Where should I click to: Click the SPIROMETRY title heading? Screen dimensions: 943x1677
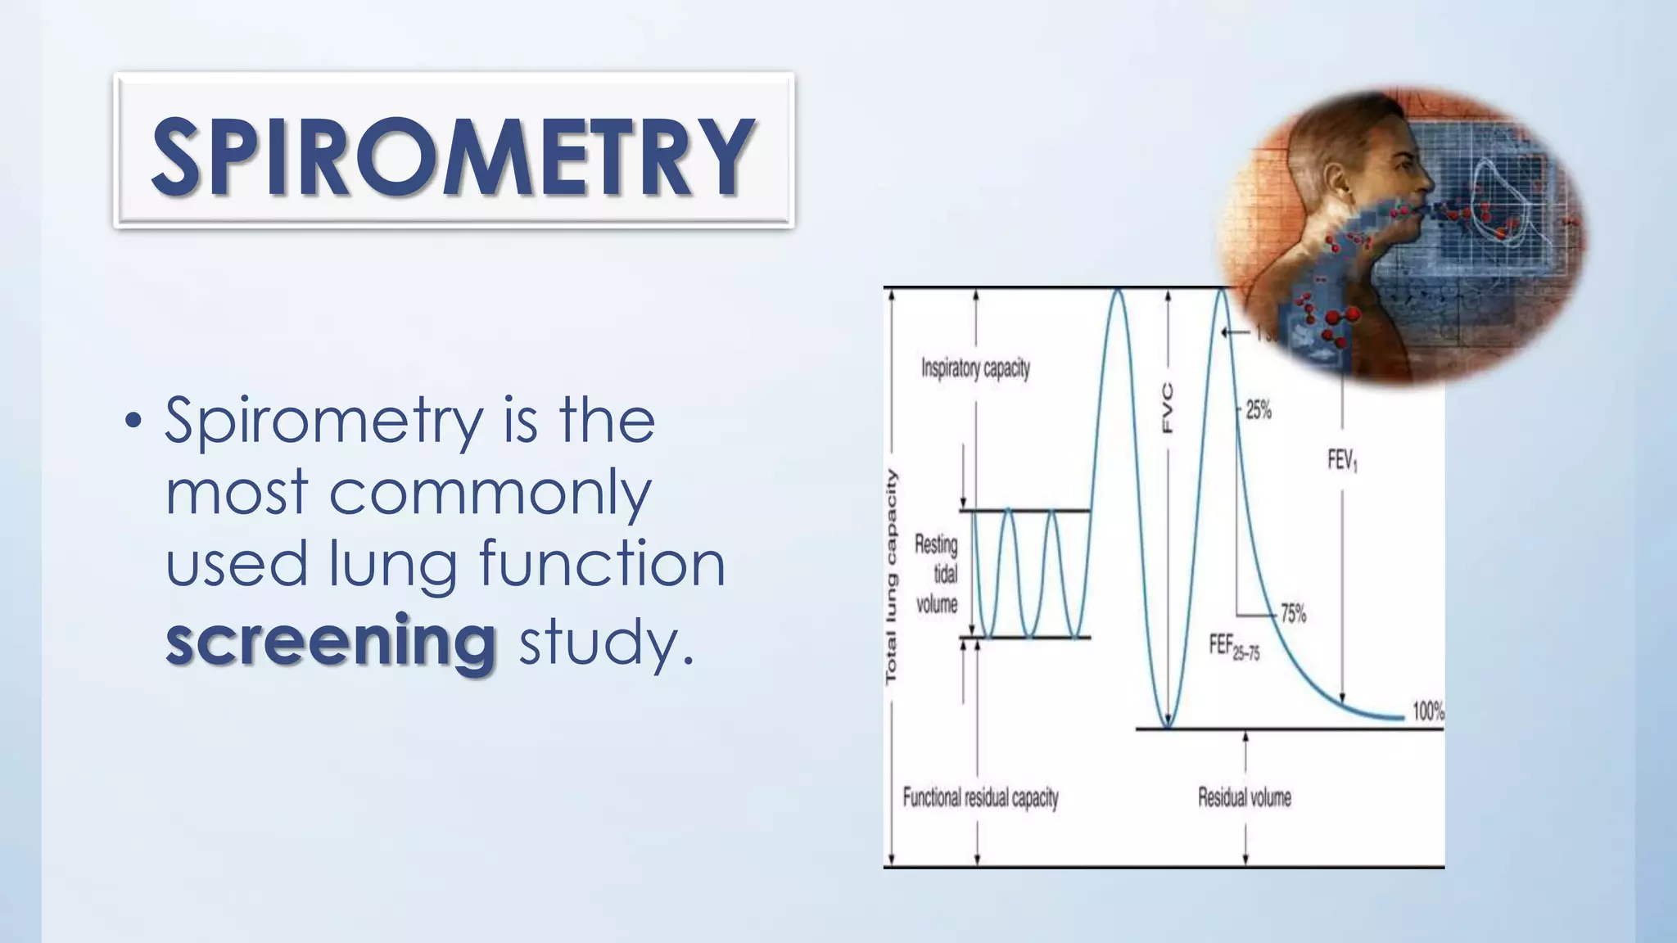(x=453, y=156)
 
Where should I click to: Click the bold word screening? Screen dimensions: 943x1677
(x=331, y=639)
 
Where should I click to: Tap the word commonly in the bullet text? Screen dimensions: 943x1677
(x=490, y=493)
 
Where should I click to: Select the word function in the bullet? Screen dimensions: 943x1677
(x=602, y=563)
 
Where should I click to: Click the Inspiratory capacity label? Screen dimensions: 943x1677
(x=975, y=368)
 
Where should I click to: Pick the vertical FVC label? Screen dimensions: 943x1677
(x=1168, y=408)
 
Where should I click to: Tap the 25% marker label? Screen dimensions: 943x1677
(x=1259, y=410)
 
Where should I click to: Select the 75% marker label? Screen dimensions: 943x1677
(x=1293, y=613)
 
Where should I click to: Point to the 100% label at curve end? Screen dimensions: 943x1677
(x=1428, y=711)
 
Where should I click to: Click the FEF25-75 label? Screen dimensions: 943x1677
(x=1234, y=647)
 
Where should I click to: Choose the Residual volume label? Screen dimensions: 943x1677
(x=1244, y=797)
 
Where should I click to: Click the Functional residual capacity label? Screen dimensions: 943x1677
(x=980, y=797)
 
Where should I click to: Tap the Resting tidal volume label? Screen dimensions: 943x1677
(x=937, y=574)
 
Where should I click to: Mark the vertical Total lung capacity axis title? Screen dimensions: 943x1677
(x=892, y=576)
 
